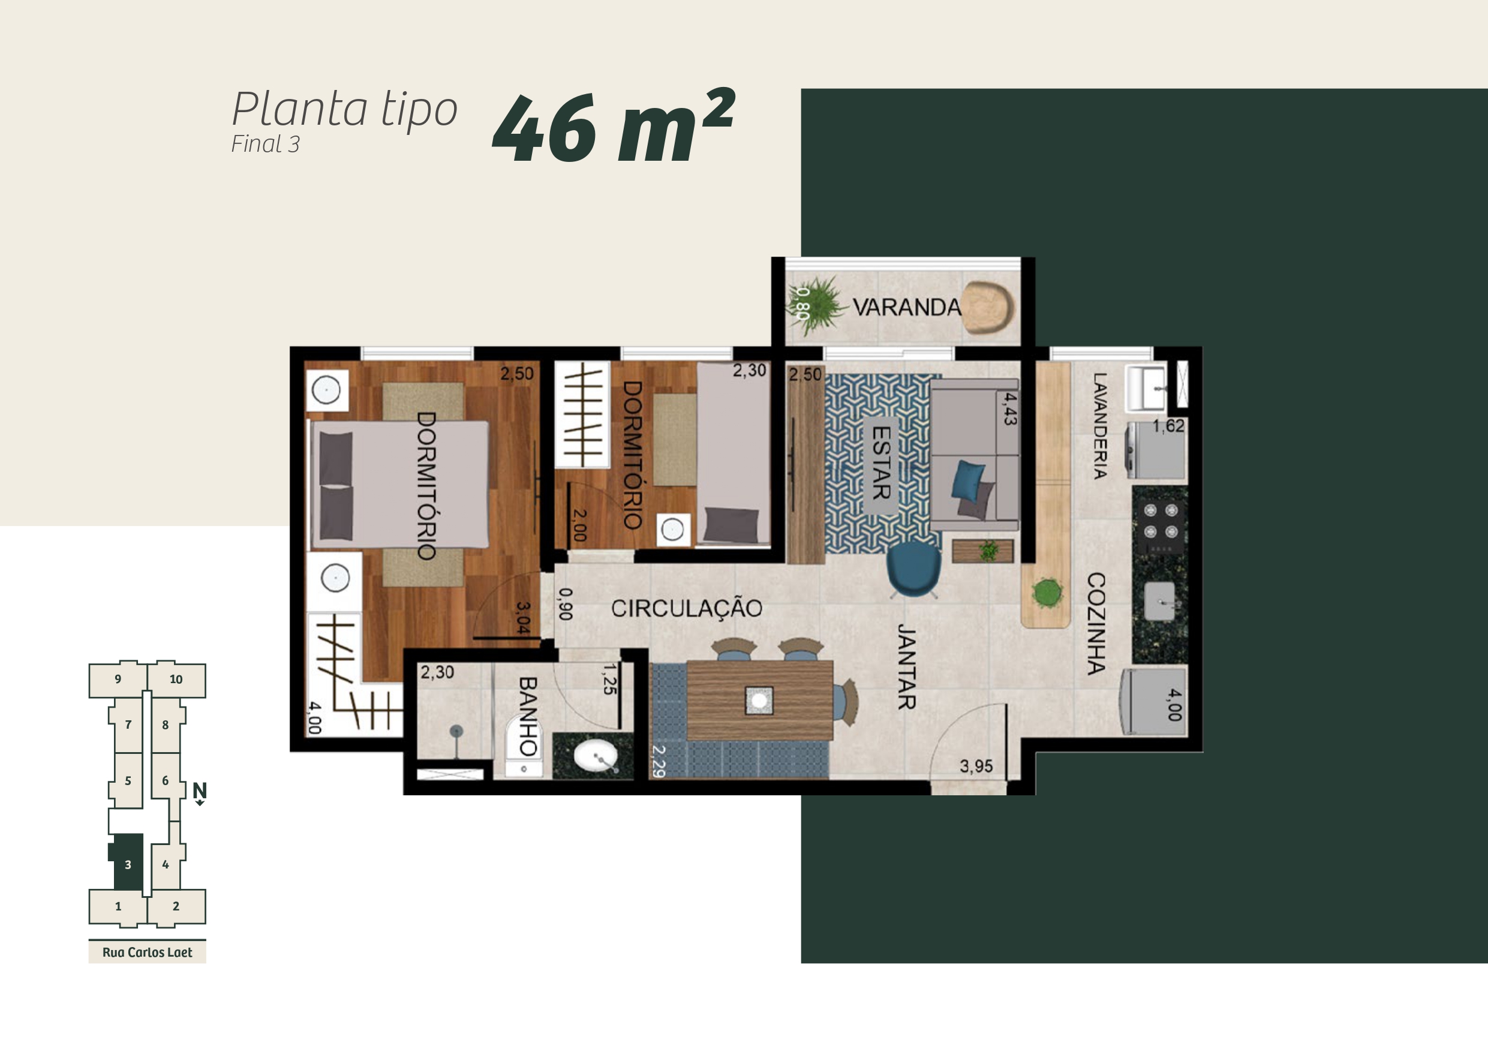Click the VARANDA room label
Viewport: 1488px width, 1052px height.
pos(906,307)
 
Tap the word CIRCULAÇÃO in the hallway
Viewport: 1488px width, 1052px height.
pos(686,608)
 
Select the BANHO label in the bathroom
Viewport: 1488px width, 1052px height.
pos(528,716)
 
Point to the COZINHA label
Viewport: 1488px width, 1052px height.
pos(1096,623)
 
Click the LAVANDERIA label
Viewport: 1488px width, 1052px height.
pos(1099,426)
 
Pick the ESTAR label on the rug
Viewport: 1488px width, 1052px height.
pos(882,462)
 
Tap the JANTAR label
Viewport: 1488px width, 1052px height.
pos(906,666)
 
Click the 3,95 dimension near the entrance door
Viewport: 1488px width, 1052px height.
pos(976,766)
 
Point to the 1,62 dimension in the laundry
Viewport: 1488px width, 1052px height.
pos(1168,426)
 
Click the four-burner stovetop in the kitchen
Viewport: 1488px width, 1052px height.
pos(1160,521)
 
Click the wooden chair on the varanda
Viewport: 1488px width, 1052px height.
pos(987,308)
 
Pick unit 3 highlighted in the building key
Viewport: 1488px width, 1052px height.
pos(128,862)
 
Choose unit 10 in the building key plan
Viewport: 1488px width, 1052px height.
pos(176,680)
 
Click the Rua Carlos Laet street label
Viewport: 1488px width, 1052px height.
pos(147,952)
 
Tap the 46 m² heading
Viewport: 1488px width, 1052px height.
pos(614,126)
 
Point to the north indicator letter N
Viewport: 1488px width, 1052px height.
pos(200,789)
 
